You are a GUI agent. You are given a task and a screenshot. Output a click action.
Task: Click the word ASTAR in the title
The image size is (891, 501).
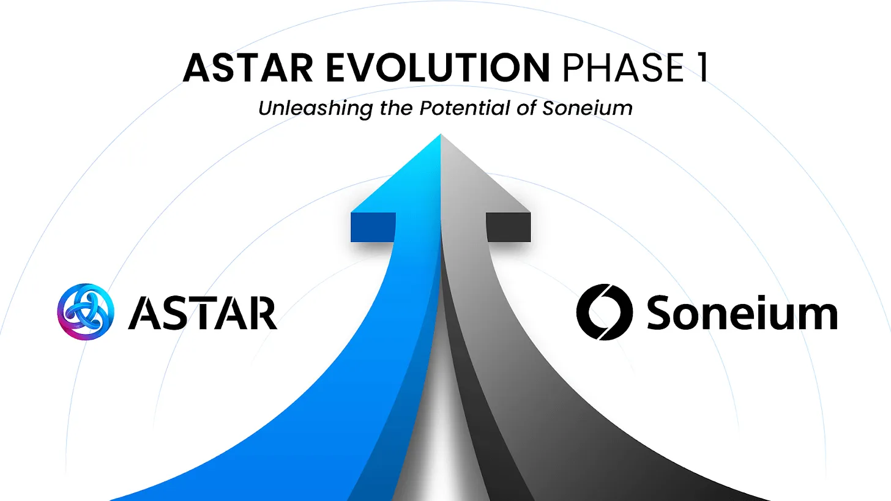pyautogui.click(x=248, y=67)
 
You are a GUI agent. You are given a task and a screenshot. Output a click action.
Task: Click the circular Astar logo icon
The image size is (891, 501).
pyautogui.click(x=86, y=311)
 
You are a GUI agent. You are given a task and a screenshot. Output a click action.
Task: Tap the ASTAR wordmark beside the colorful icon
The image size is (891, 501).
pyautogui.click(x=202, y=313)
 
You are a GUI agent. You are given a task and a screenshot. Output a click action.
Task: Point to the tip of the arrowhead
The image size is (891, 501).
pyautogui.click(x=441, y=136)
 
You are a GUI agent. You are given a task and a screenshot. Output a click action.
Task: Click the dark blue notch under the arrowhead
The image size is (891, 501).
pyautogui.click(x=373, y=227)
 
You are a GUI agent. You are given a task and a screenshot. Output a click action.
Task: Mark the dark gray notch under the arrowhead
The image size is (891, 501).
pyautogui.click(x=509, y=227)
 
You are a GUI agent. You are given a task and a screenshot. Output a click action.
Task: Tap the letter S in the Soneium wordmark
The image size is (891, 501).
pyautogui.click(x=662, y=313)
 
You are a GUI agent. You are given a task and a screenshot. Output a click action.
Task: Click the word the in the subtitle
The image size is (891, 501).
pyautogui.click(x=397, y=108)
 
